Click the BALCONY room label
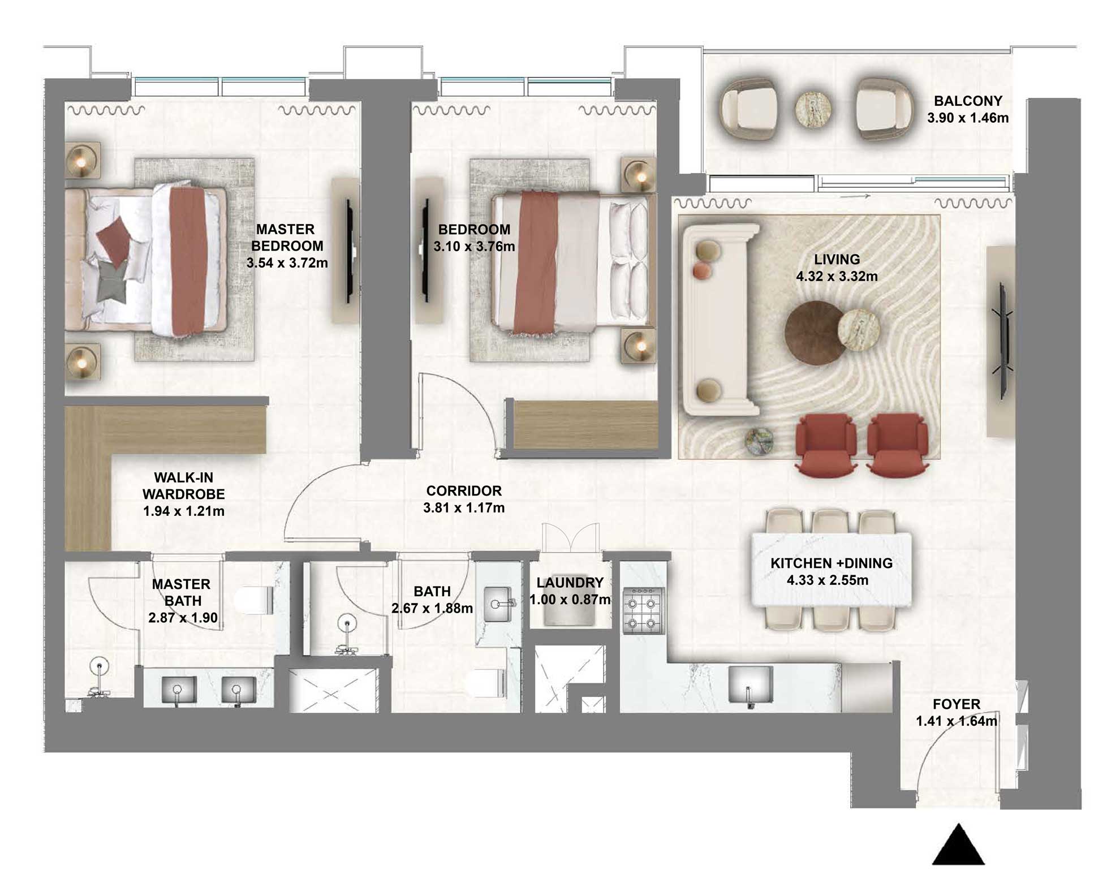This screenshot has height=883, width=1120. click(967, 101)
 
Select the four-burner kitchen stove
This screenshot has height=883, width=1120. click(643, 610)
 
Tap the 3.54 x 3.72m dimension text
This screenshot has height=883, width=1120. click(287, 263)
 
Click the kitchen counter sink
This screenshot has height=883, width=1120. click(750, 684)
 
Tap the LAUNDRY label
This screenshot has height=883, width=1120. click(570, 583)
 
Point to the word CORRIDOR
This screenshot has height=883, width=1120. click(464, 491)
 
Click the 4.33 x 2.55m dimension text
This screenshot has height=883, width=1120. click(827, 580)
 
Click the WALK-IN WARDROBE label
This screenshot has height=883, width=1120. click(183, 486)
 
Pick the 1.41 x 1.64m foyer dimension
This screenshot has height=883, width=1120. click(956, 721)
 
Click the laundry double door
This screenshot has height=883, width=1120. click(570, 539)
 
